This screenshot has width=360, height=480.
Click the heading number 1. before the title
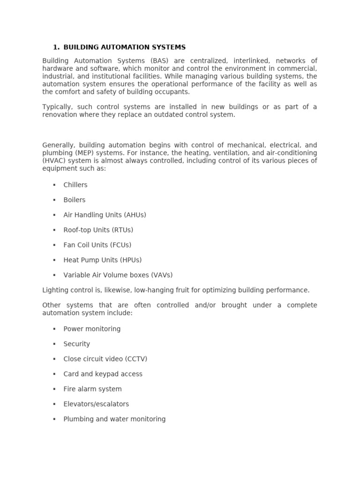(56, 47)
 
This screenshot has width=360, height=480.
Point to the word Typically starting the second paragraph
(57, 107)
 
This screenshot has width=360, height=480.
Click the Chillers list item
(75, 185)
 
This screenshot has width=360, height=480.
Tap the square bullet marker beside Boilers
(54, 200)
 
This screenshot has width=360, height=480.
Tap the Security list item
(76, 344)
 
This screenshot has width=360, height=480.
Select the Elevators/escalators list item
(96, 404)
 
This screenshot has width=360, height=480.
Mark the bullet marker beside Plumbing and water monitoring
(54, 419)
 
